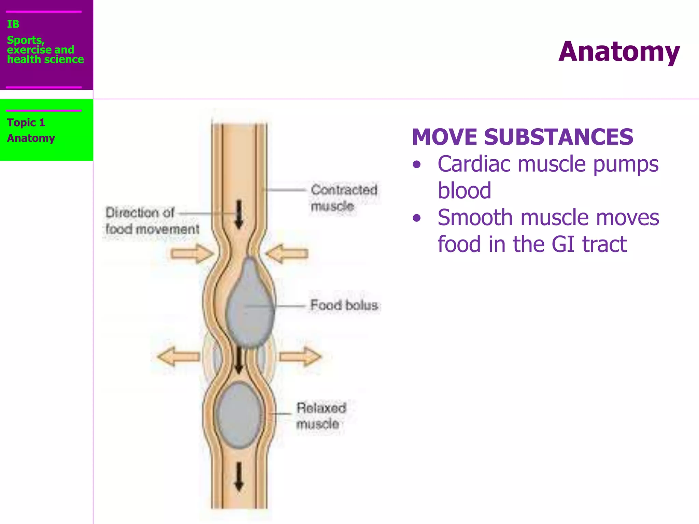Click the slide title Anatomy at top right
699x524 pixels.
(x=619, y=52)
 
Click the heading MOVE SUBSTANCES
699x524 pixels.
(x=522, y=137)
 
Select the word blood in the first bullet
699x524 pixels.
(x=464, y=191)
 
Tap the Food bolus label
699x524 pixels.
(x=344, y=305)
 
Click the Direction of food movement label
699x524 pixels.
(x=152, y=221)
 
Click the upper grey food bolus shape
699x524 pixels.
(x=250, y=304)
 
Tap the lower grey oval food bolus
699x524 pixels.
(x=240, y=415)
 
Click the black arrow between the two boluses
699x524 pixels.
(x=239, y=360)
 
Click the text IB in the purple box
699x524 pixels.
(x=13, y=24)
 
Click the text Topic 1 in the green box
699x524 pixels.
(x=26, y=122)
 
